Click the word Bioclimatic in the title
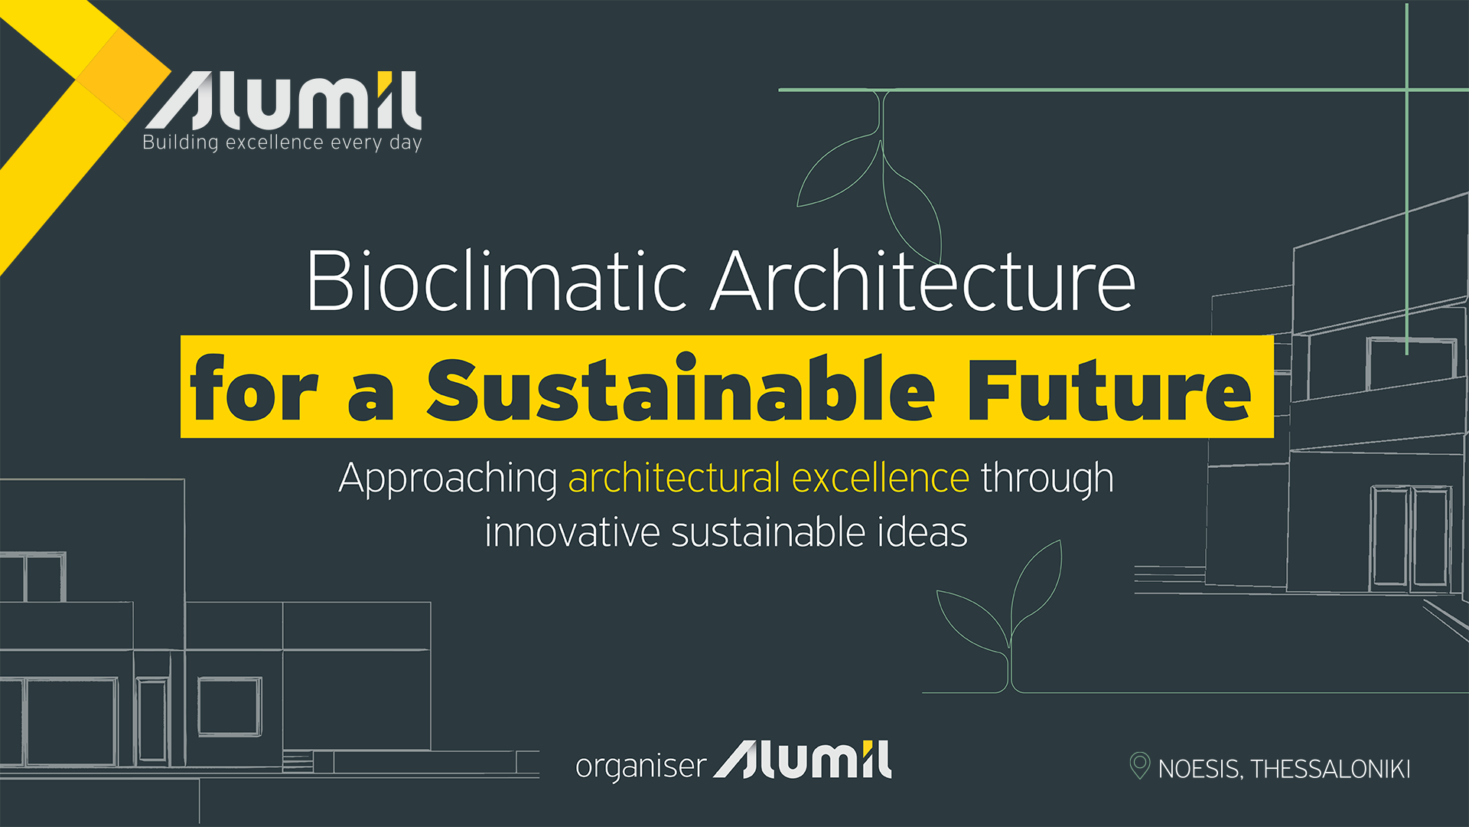point(497,281)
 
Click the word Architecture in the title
point(923,281)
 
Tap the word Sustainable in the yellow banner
point(680,389)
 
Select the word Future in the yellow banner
point(1109,389)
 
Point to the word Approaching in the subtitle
point(448,479)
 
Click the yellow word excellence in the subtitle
point(881,478)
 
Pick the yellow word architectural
point(674,478)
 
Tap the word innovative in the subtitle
point(572,533)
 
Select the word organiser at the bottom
point(640,767)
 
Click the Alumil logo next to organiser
point(803,760)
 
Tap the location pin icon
point(1139,765)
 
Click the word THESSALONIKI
point(1331,769)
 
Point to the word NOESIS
point(1200,769)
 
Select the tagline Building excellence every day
point(282,143)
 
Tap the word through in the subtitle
point(1047,479)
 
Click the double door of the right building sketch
point(1410,538)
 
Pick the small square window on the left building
point(230,706)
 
